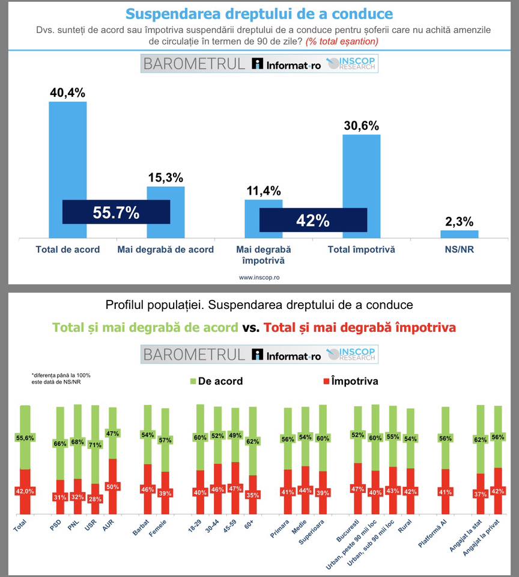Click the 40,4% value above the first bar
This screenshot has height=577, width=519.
67,93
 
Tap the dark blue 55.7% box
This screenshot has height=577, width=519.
116,212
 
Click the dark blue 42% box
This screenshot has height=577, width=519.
313,221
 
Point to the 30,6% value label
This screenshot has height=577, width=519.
361,126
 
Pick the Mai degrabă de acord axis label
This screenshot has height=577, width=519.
166,249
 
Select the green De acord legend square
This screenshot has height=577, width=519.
193,381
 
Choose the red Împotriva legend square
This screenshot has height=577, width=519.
327,381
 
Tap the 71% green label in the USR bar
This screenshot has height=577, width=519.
95,445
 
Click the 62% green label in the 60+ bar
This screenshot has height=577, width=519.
253,442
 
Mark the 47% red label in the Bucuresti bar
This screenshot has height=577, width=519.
358,489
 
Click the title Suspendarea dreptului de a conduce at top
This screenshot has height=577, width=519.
259,14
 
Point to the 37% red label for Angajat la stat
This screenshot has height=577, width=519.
480,494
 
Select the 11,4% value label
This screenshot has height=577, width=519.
263,191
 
